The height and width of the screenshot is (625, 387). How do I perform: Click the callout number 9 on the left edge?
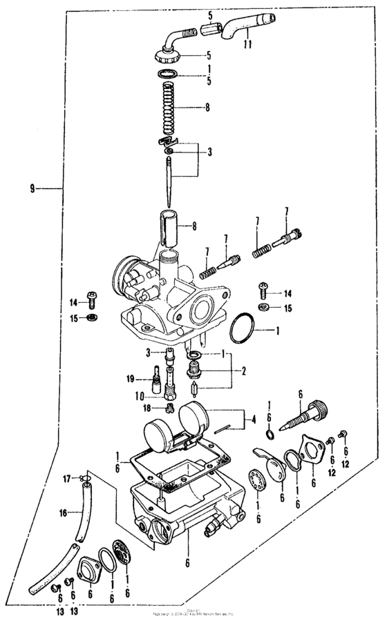(x=32, y=188)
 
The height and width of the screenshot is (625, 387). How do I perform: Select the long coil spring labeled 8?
(x=168, y=108)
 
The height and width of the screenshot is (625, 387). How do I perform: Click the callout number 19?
(x=129, y=379)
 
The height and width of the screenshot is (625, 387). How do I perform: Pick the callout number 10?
(x=139, y=396)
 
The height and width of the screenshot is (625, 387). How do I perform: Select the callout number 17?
(x=67, y=477)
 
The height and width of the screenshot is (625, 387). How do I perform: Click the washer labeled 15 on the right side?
(x=264, y=306)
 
